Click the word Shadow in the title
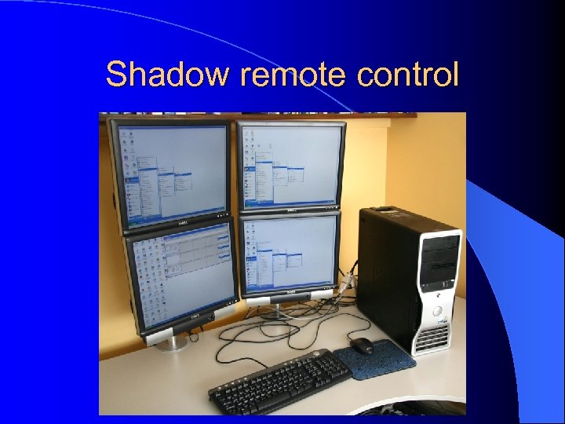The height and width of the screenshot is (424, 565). pyautogui.click(x=169, y=75)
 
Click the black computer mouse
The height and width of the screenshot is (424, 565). pyautogui.click(x=362, y=345)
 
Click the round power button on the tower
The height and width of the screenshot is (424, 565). pyautogui.click(x=437, y=311)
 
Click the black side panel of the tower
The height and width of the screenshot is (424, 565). pyautogui.click(x=385, y=275)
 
